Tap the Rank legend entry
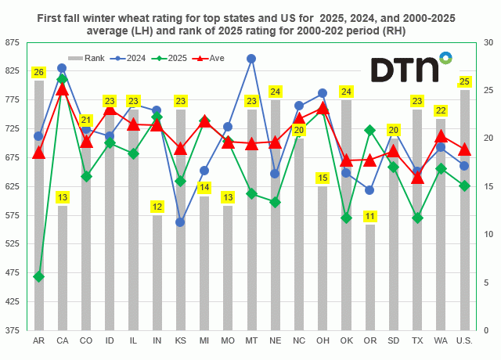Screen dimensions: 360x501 pyautogui.click(x=88, y=58)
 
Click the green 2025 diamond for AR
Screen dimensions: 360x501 pyautogui.click(x=38, y=276)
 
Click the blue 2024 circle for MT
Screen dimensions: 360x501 pyautogui.click(x=251, y=59)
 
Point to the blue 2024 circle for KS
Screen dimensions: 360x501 pyautogui.click(x=180, y=222)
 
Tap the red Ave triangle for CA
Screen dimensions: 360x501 pyautogui.click(x=62, y=89)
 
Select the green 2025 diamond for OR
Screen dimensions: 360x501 pyautogui.click(x=369, y=130)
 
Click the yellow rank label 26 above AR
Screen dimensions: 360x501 pyautogui.click(x=38, y=73)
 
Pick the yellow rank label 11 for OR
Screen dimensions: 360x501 pyautogui.click(x=369, y=216)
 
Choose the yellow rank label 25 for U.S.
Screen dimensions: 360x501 pyautogui.click(x=465, y=81)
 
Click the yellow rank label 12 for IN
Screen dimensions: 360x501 pyautogui.click(x=157, y=207)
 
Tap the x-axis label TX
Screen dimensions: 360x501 pyautogui.click(x=417, y=341)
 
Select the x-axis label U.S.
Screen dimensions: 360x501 pyautogui.click(x=465, y=341)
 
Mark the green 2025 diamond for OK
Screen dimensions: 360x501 pyautogui.click(x=346, y=218)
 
